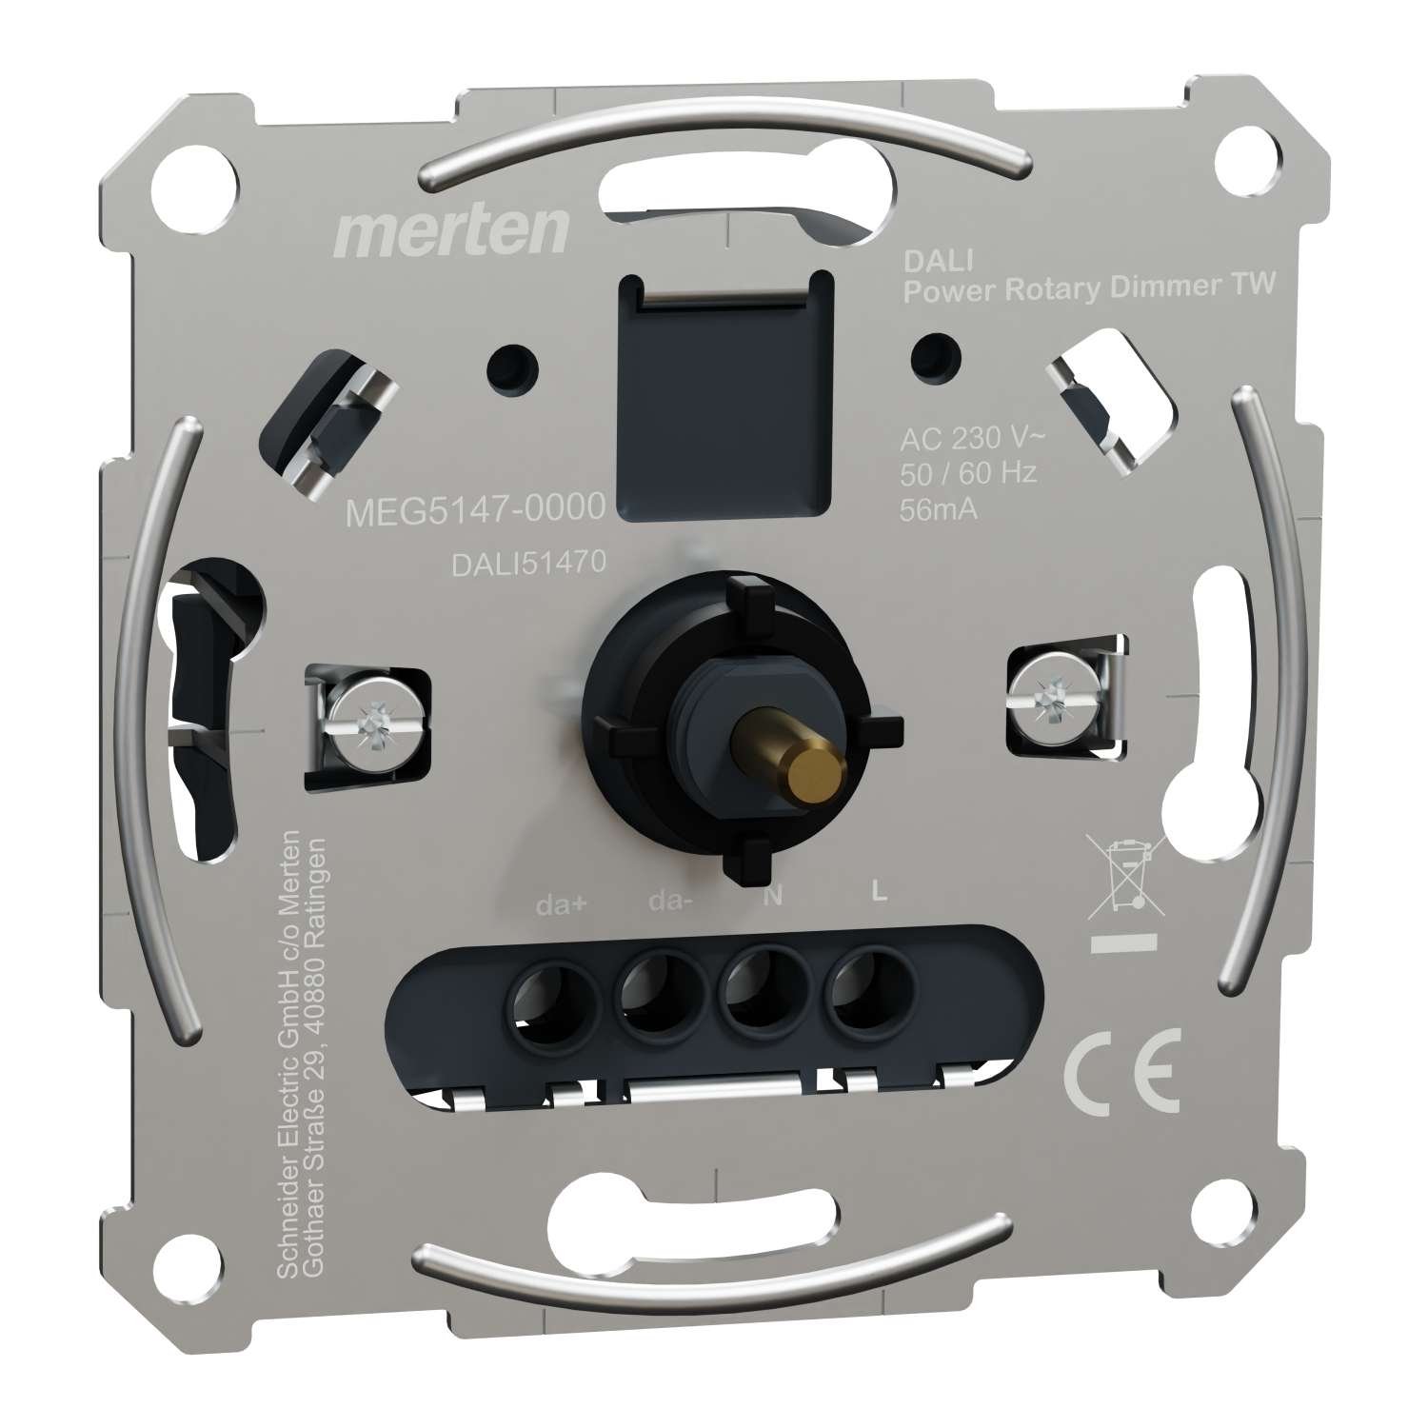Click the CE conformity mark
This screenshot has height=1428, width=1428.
pos(1121,1071)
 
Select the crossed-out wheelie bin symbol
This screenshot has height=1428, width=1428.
pos(1126,874)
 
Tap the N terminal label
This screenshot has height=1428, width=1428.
pos(774,897)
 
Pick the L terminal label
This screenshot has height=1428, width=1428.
pos(879,893)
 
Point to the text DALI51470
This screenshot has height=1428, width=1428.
pos(528,564)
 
